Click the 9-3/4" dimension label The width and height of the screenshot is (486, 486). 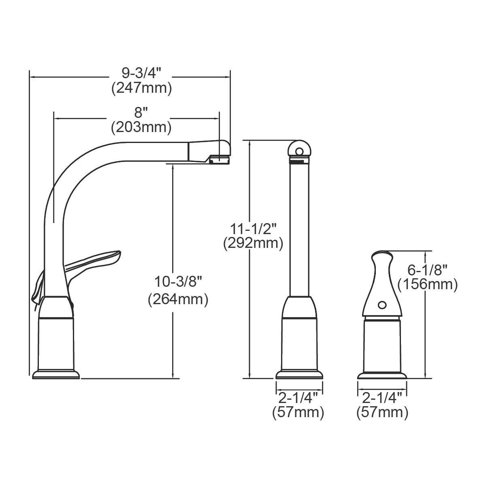pyautogui.click(x=141, y=73)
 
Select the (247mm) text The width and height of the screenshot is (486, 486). pyautogui.click(x=141, y=88)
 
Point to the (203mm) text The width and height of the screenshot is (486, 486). pyautogui.click(x=141, y=127)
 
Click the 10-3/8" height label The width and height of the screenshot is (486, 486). pyautogui.click(x=178, y=281)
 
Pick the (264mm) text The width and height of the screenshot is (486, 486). pyautogui.click(x=178, y=300)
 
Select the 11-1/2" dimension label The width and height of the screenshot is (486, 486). pyautogui.click(x=253, y=228)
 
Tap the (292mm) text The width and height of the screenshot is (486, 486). pyautogui.click(x=253, y=243)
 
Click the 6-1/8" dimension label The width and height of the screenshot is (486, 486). pyautogui.click(x=427, y=269)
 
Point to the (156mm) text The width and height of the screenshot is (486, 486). pyautogui.click(x=427, y=284)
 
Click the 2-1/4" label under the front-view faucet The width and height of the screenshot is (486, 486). pyautogui.click(x=298, y=397)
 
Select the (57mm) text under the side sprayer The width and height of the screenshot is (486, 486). pyautogui.click(x=382, y=412)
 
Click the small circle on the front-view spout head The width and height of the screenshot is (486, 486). pyautogui.click(x=299, y=151)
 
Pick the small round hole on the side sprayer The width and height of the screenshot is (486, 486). pyautogui.click(x=382, y=304)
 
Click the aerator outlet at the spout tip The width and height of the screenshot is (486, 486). pyautogui.click(x=219, y=160)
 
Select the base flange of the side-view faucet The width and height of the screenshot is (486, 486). pyautogui.click(x=56, y=374)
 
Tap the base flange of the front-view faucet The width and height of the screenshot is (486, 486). pyautogui.click(x=300, y=375)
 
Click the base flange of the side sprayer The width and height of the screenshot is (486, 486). pyautogui.click(x=382, y=375)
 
